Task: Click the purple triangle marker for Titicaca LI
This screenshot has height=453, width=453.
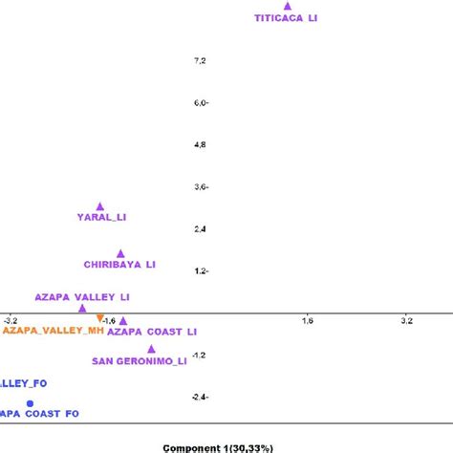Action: pos(287,6)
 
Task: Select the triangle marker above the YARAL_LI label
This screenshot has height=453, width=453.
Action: pos(100,206)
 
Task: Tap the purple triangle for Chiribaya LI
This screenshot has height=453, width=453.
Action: pos(120,253)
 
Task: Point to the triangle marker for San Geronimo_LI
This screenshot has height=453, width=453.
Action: pos(151,349)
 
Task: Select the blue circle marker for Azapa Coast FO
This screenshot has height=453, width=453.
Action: pos(30,403)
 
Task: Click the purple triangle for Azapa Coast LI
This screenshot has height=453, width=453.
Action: pos(122,320)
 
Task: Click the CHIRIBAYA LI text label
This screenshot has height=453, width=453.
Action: pos(119,264)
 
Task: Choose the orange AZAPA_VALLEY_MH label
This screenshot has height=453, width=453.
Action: pos(53,331)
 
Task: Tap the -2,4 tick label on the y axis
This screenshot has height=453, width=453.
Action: pos(199,397)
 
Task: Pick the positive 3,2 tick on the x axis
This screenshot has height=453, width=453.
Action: pos(406,321)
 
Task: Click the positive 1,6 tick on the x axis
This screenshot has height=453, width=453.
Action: pos(307,321)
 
